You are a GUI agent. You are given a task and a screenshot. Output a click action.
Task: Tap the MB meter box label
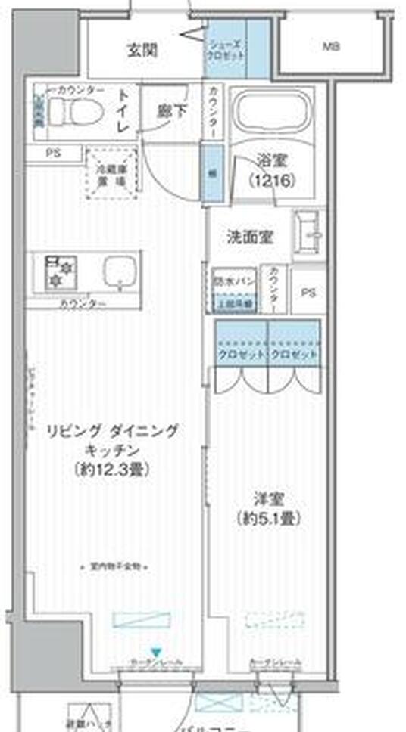click(331, 47)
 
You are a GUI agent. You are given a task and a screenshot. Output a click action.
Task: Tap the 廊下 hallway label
click(172, 110)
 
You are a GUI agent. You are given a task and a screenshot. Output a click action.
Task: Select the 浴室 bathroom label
click(270, 160)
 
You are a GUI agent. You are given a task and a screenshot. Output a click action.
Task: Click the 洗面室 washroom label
click(250, 237)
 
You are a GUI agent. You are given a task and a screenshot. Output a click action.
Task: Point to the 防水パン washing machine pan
click(234, 289)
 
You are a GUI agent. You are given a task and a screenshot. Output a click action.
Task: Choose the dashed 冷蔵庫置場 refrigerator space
click(111, 174)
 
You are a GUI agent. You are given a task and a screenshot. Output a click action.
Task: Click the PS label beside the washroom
click(308, 292)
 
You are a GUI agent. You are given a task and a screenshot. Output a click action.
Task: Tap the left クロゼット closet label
click(241, 354)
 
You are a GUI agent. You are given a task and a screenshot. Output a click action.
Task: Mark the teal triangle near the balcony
click(155, 652)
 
